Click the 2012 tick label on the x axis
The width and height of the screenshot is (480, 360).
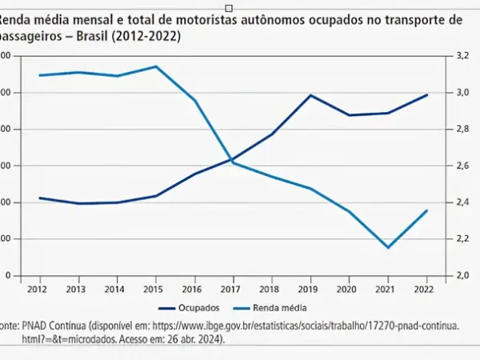click(36, 287)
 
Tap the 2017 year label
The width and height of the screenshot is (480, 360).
click(232, 287)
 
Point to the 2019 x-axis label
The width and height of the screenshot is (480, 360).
click(310, 287)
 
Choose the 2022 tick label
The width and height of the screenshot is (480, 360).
click(426, 287)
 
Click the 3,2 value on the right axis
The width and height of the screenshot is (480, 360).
click(462, 57)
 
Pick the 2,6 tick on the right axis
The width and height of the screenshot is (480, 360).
click(462, 166)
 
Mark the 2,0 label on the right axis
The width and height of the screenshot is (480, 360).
click(462, 276)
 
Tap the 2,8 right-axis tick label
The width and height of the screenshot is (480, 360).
click(462, 130)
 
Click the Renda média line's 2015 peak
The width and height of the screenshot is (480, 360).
click(156, 66)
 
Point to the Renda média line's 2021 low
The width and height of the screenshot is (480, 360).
click(388, 247)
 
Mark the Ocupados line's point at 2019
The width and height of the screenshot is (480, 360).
click(310, 95)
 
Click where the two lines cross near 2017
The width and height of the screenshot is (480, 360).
click(232, 161)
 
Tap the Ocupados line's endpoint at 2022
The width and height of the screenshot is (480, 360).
click(426, 94)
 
